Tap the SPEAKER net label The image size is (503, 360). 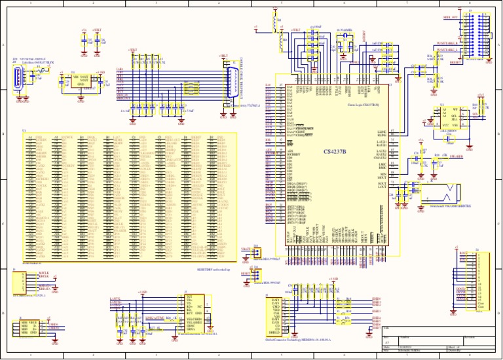pyautogui.click(x=456, y=158)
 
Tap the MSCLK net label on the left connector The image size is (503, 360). pyautogui.click(x=43, y=272)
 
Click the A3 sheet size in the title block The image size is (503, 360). pyautogui.click(x=387, y=342)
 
